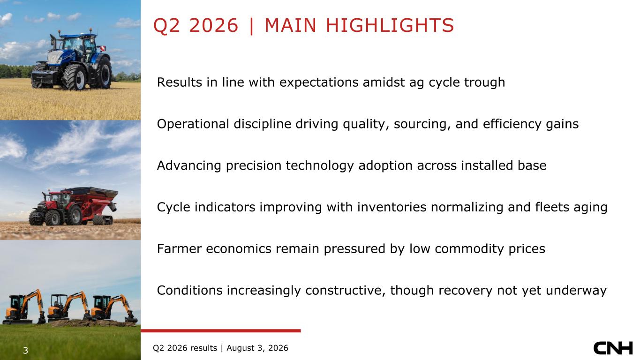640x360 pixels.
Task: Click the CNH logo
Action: [613, 348]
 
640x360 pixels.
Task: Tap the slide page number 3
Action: [25, 350]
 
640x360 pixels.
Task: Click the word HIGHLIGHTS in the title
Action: [390, 25]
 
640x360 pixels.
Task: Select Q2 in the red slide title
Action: [166, 26]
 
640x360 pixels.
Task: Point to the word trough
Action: [484, 82]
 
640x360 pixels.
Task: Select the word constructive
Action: [346, 290]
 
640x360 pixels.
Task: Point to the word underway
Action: [576, 291]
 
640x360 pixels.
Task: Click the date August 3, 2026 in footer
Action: [257, 348]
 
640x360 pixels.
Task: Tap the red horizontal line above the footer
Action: [220, 331]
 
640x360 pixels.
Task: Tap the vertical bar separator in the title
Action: [251, 26]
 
